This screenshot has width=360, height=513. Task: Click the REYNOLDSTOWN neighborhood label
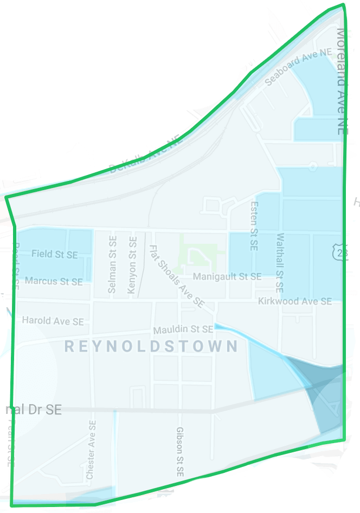(x=151, y=347)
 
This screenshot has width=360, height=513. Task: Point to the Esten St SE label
(x=253, y=226)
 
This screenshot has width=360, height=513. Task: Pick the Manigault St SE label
(x=227, y=276)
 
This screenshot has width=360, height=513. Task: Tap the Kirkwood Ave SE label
(x=295, y=301)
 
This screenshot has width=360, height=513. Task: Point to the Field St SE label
(x=54, y=254)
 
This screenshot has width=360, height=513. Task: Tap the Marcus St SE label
(x=54, y=281)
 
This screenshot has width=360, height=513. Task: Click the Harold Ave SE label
(x=53, y=321)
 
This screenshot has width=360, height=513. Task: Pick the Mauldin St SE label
(x=183, y=329)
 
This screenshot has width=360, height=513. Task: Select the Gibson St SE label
(x=180, y=452)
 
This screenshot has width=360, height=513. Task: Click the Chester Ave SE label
(x=91, y=450)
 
